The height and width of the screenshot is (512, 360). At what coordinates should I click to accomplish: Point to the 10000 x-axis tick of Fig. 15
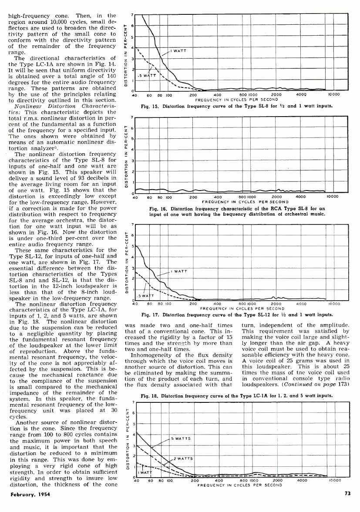click(x=333, y=94)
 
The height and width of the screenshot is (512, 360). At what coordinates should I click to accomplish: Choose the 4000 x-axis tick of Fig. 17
click(x=301, y=305)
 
